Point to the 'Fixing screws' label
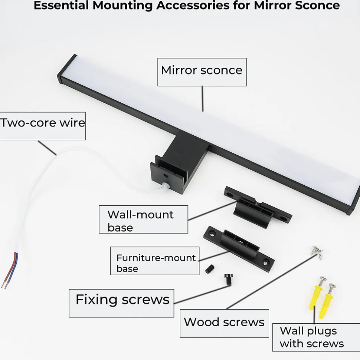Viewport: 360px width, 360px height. [x=121, y=303]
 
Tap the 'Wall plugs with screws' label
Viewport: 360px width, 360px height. [x=312, y=337]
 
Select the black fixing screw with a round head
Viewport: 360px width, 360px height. [x=228, y=279]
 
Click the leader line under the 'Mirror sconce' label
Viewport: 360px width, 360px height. [x=203, y=98]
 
